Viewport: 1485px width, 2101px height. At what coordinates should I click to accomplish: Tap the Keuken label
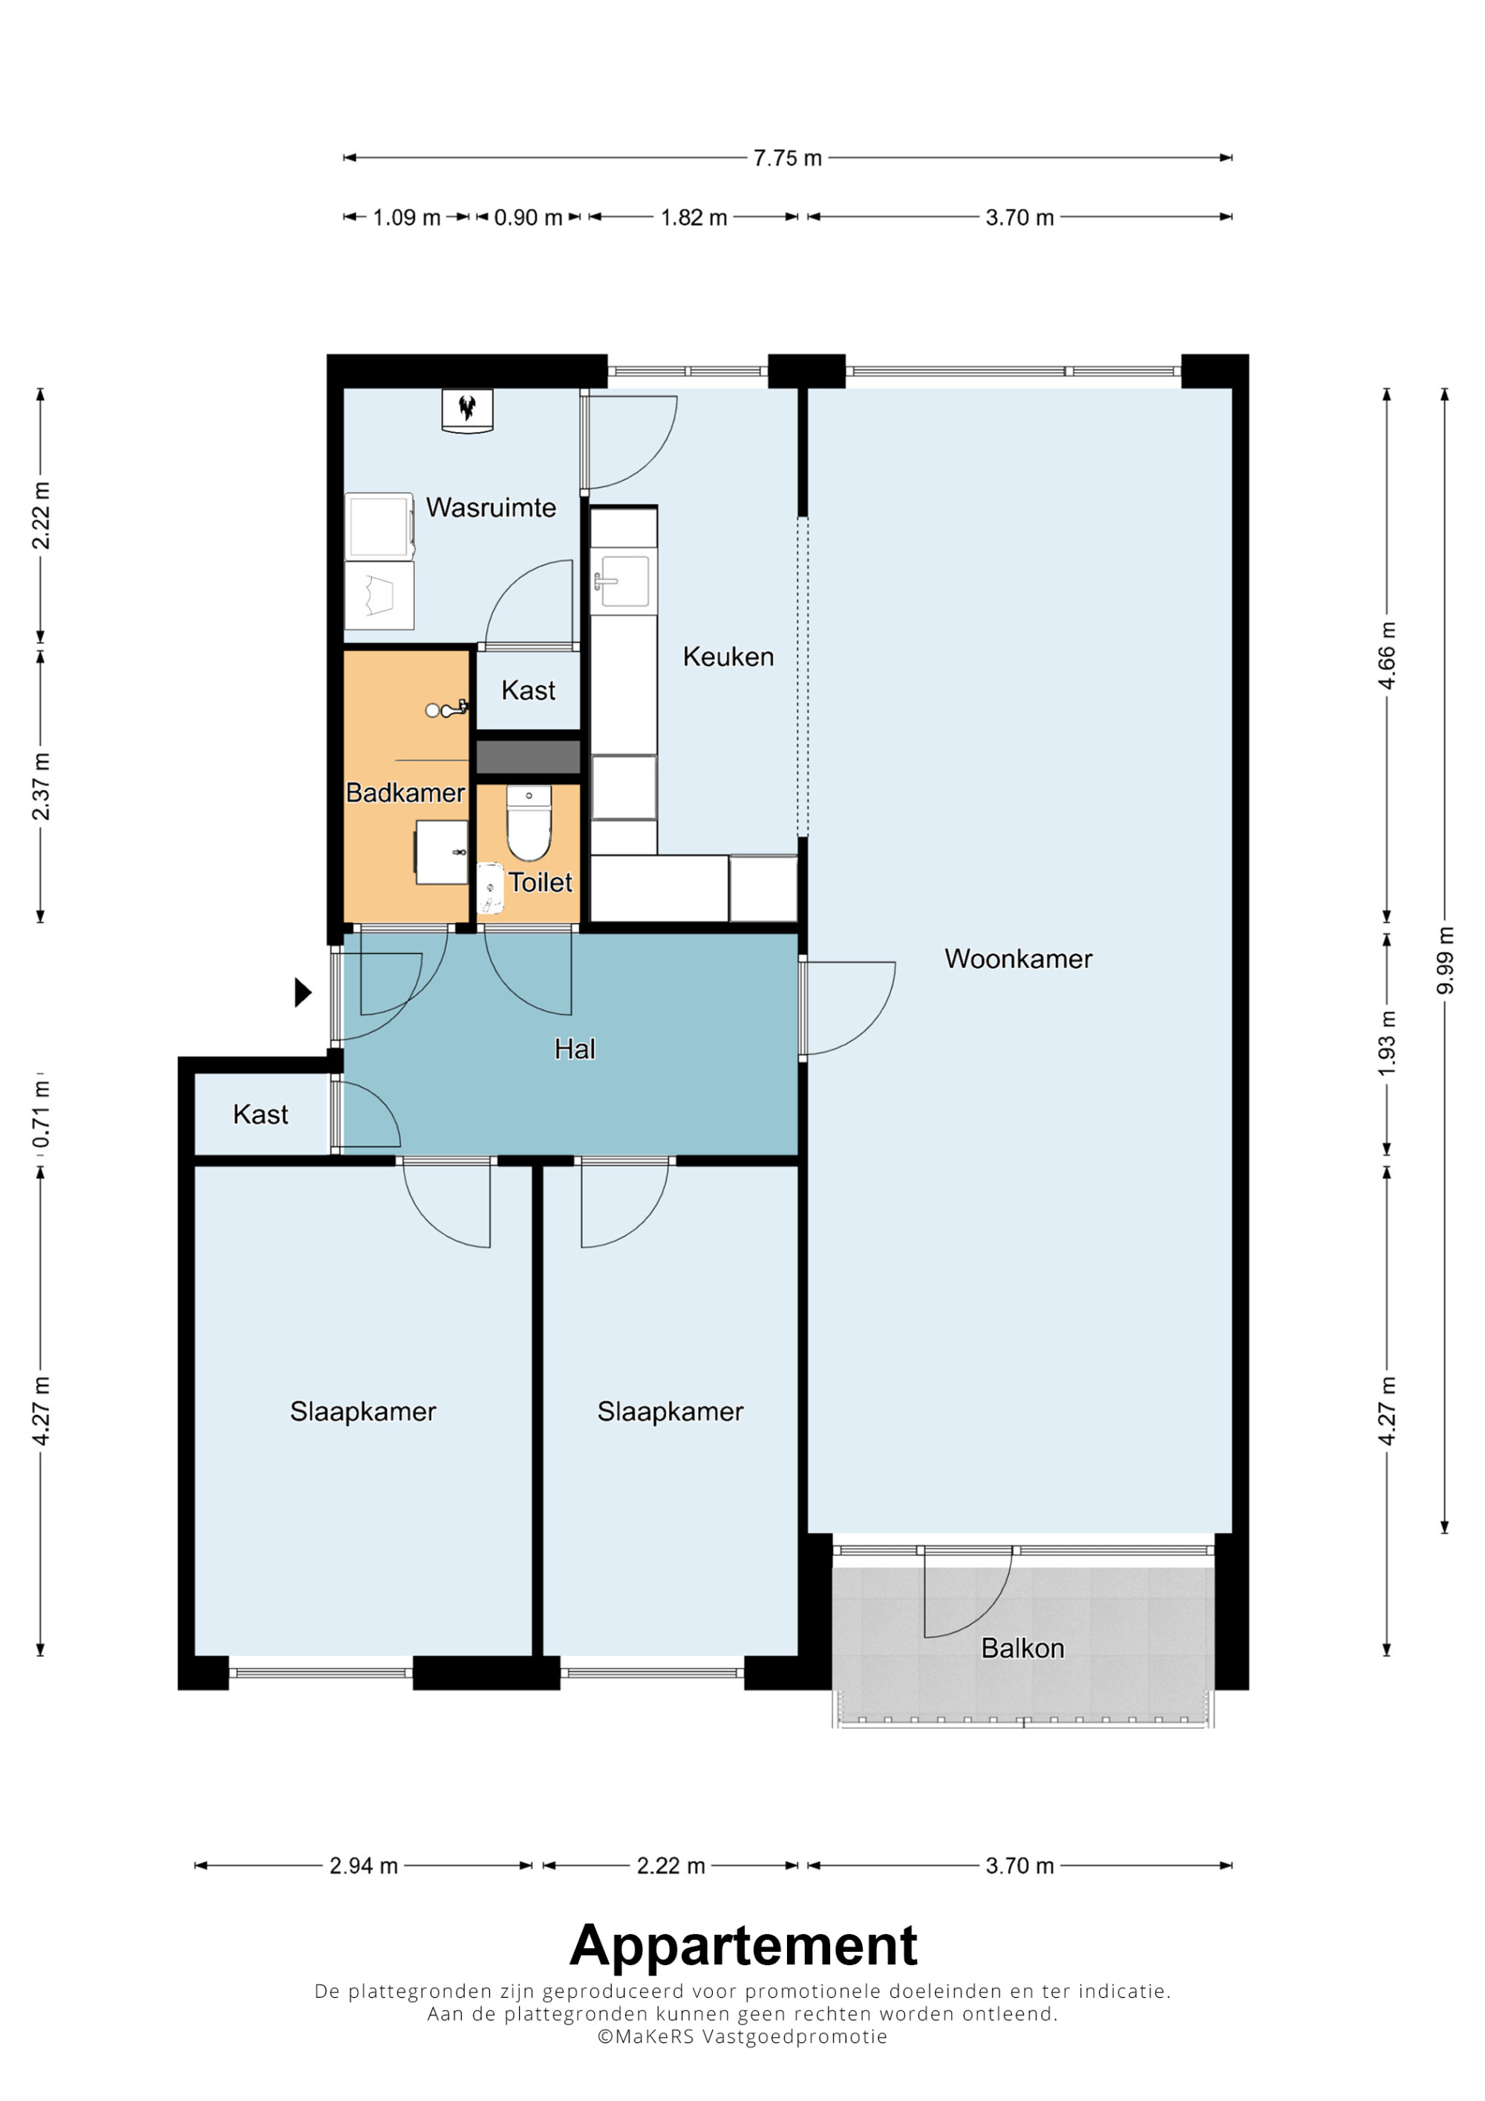(x=728, y=656)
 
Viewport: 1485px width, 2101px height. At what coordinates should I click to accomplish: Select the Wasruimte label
(x=491, y=507)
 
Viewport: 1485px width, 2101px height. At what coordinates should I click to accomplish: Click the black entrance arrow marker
(x=303, y=992)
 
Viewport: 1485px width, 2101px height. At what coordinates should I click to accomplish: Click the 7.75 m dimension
(x=788, y=158)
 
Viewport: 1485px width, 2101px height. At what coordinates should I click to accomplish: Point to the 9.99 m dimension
(x=1445, y=960)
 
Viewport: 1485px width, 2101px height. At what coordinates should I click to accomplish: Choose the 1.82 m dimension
(x=693, y=218)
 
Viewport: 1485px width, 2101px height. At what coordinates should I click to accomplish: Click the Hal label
(x=575, y=1049)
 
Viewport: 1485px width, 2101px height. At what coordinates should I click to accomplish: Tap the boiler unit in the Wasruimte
(x=468, y=411)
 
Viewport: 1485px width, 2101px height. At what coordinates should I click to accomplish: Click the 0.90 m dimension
(x=528, y=218)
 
